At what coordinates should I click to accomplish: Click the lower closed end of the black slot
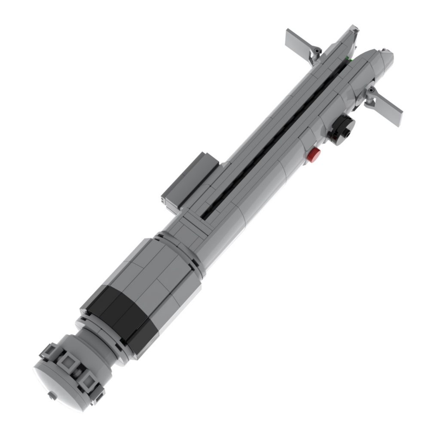pyautogui.click(x=205, y=212)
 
